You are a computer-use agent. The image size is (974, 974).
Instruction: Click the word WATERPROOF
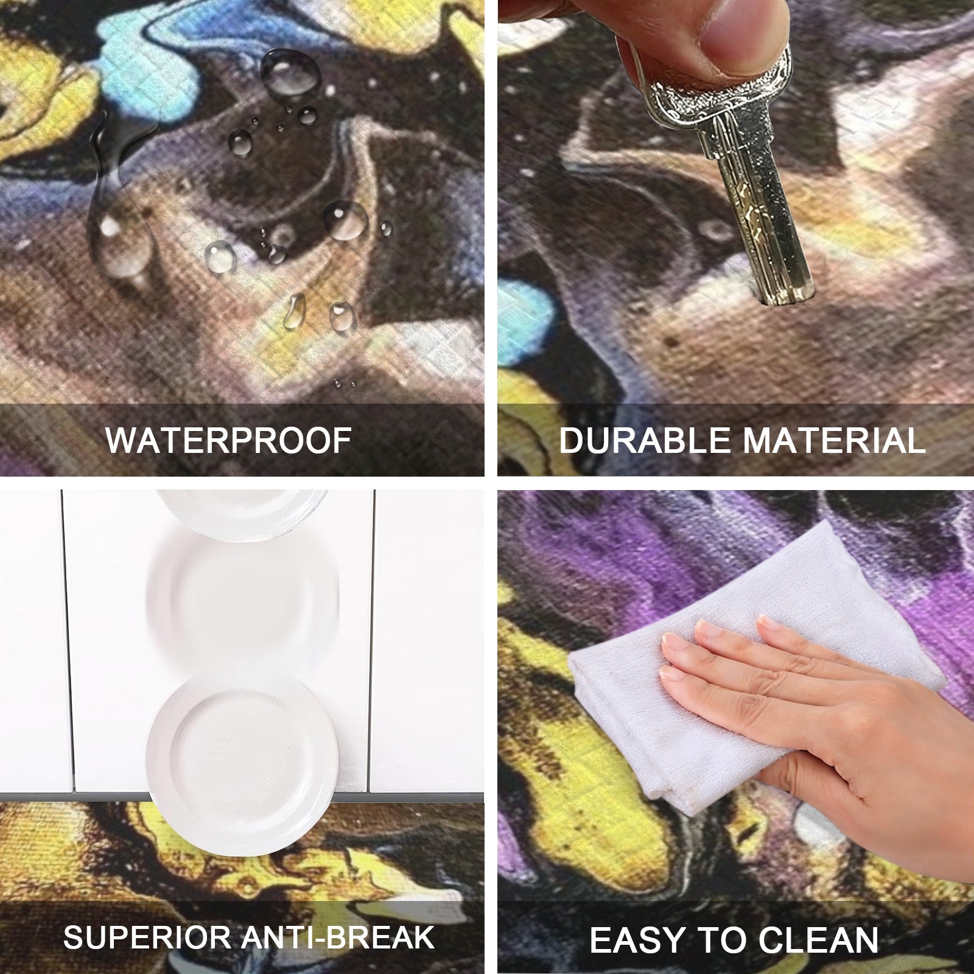tap(229, 440)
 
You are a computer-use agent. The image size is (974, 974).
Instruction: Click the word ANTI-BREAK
tap(338, 937)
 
